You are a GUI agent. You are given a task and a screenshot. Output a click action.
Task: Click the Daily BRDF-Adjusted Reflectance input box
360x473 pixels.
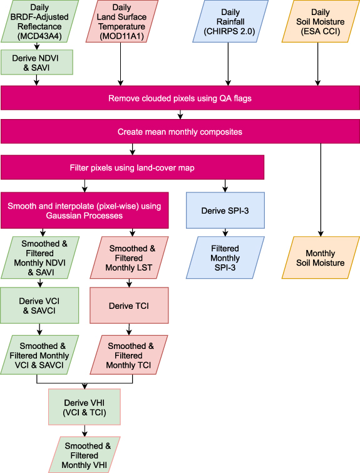coord(39,21)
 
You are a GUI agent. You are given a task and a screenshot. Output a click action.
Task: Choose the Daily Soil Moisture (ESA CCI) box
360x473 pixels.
coord(320,21)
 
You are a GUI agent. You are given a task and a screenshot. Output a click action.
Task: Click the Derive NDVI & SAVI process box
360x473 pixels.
coord(39,62)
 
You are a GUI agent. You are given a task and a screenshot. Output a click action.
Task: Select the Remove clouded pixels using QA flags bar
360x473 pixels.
coord(180,98)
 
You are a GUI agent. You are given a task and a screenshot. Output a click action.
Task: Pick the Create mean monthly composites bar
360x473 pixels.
coord(180,132)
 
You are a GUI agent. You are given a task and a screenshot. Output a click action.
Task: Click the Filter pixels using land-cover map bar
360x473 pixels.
coord(132,168)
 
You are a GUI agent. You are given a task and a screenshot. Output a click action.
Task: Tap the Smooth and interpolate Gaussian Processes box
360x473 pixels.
coord(85,210)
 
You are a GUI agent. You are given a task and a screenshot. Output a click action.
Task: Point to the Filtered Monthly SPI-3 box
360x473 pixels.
coord(225,257)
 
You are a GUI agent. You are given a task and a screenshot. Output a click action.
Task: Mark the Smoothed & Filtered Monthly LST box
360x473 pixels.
coord(128,257)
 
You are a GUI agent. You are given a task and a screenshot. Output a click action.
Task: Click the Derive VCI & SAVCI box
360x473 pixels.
coord(39,304)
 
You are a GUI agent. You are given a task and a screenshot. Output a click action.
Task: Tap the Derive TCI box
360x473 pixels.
coord(128,304)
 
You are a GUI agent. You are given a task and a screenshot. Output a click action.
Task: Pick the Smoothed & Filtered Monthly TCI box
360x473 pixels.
coord(128,355)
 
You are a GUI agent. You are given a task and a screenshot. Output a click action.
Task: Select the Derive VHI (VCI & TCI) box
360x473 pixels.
coord(84,407)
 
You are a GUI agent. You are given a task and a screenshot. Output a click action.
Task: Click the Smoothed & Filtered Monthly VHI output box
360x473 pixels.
coord(84,454)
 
